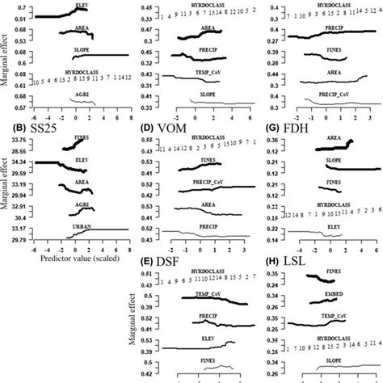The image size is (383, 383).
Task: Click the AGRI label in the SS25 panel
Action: tap(79, 205)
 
